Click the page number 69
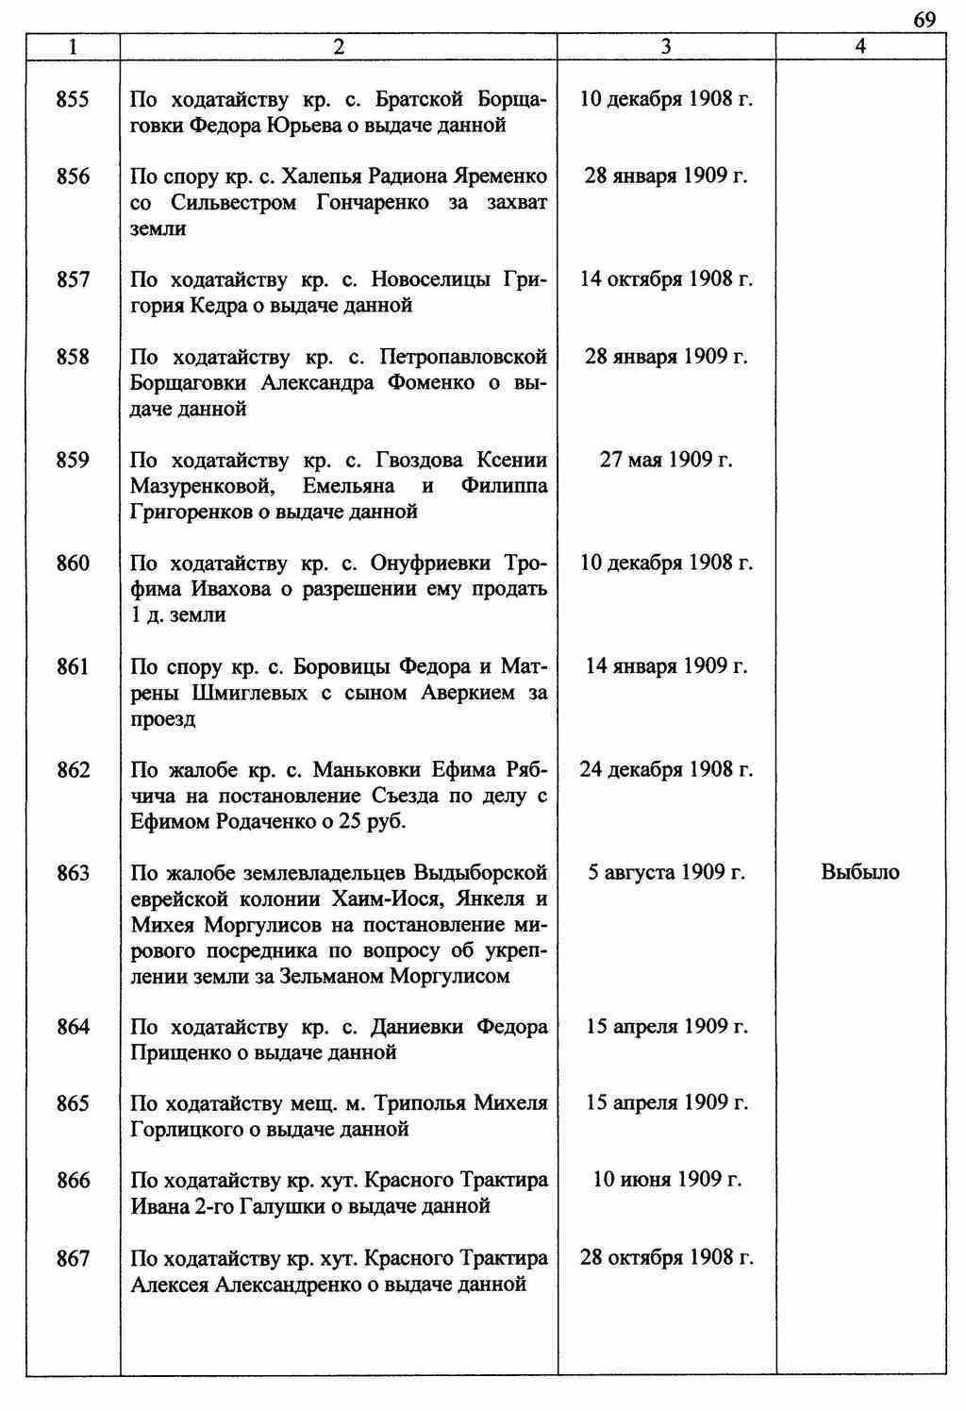coord(924,20)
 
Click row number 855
coord(73,99)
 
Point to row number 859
coord(73,461)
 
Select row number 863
coord(73,873)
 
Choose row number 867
coord(73,1258)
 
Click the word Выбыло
coord(860,873)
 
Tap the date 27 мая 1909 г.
coord(666,461)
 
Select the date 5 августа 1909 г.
coord(666,873)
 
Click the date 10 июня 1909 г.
coord(666,1181)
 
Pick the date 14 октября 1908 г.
coord(666,279)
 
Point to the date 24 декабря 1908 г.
coord(666,770)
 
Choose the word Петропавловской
coord(463,358)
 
